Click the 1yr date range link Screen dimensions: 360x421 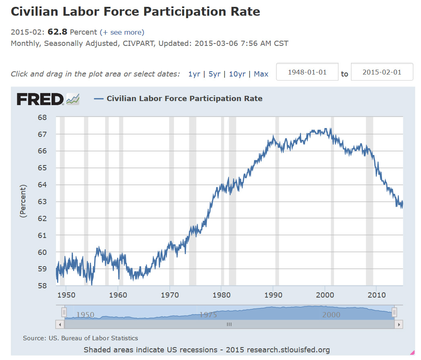(x=194, y=74)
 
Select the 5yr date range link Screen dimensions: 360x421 (x=214, y=74)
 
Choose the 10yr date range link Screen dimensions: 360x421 (x=237, y=74)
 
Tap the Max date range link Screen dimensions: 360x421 (x=261, y=74)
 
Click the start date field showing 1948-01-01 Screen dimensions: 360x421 (x=307, y=72)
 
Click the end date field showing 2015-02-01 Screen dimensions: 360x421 (x=382, y=72)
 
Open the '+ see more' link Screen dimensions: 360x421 (x=122, y=32)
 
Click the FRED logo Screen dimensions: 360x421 (x=40, y=99)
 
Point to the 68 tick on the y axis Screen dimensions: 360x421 (x=42, y=118)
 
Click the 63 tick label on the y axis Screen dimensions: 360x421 (x=42, y=202)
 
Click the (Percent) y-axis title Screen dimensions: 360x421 (x=23, y=201)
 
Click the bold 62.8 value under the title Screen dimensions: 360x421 (x=58, y=32)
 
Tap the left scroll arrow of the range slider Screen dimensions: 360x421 (x=60, y=324)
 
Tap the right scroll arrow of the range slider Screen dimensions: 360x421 (x=399, y=324)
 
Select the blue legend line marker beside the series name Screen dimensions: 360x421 (x=99, y=99)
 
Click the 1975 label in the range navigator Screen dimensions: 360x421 (x=208, y=314)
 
